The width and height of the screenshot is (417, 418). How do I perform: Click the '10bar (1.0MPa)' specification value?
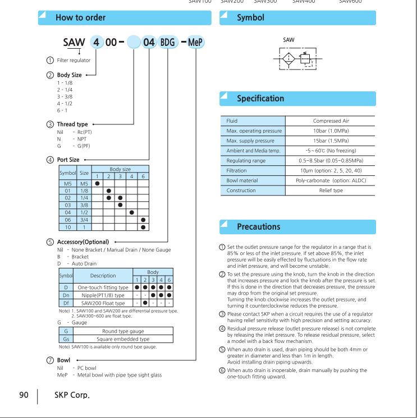pyautogui.click(x=329, y=131)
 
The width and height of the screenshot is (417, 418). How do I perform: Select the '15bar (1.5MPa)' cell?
pyautogui.click(x=329, y=141)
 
